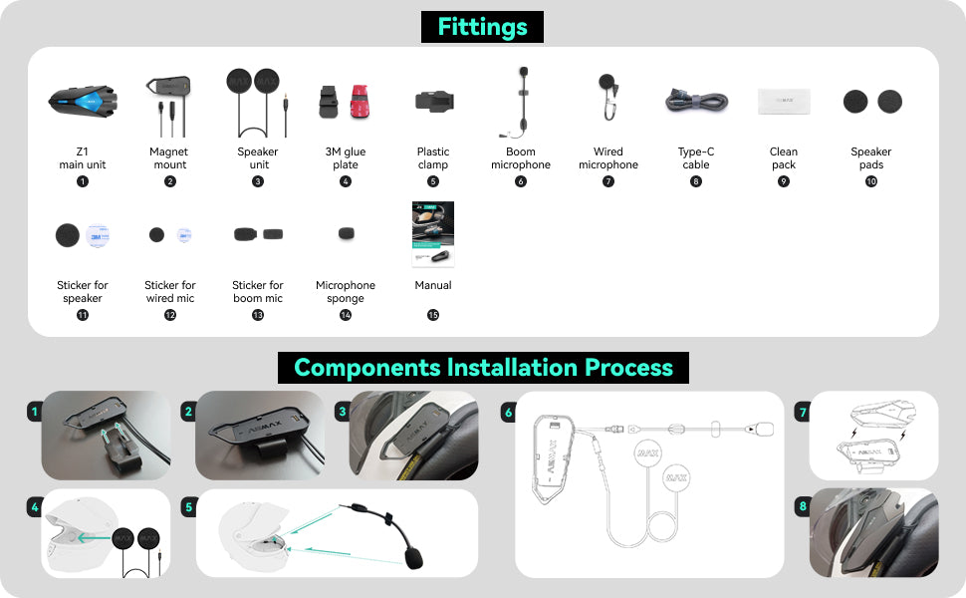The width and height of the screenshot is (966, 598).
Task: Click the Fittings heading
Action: coord(482,26)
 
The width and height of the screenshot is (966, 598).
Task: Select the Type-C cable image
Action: coord(696,102)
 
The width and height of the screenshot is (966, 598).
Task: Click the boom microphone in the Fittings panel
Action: coord(520,102)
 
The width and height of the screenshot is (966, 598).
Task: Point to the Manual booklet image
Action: coord(433,235)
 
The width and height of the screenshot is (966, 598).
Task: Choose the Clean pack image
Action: coord(784,102)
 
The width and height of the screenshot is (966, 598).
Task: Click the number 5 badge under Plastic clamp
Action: coord(433,181)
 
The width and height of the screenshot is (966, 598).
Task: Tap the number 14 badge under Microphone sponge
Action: coord(346,315)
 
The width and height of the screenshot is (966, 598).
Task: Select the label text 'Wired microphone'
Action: coord(608,158)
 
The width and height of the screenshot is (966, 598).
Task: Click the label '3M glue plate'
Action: coord(346,158)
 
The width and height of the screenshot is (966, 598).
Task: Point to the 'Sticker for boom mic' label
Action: coord(258,292)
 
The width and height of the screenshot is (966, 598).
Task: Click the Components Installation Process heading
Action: coord(483,367)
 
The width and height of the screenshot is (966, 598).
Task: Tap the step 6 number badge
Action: coord(509,412)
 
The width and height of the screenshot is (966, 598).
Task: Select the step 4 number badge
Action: coord(35,508)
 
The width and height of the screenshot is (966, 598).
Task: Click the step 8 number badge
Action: coord(802,506)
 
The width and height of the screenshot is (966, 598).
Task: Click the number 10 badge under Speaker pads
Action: coord(871,181)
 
